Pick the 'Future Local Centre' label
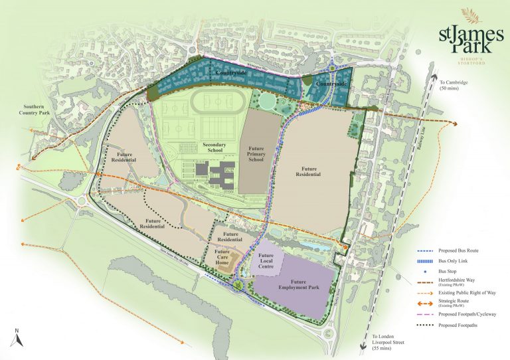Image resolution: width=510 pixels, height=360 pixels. point(267,260)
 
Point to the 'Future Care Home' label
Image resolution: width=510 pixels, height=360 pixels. point(222,256)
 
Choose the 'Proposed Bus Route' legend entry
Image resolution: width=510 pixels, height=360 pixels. point(458,250)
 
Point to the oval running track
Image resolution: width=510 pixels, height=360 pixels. point(216,102)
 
